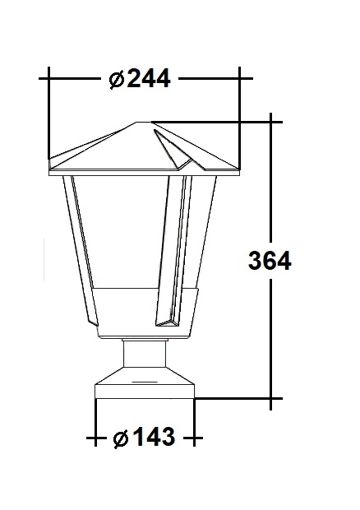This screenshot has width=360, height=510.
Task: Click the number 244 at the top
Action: pos(149,79)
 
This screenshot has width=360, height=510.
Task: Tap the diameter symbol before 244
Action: pos(117,80)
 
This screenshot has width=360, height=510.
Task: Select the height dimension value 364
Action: pos(269,261)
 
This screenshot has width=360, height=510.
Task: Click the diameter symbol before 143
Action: pos(122,438)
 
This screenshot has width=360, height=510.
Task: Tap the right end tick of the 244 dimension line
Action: pos(240,79)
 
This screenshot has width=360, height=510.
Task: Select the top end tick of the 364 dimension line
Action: pos(270,123)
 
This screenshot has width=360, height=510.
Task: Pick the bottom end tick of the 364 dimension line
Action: pos(270,401)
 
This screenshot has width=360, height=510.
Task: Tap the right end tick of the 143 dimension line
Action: pos(195,438)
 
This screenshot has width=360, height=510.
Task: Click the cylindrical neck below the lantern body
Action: pos(146,355)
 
